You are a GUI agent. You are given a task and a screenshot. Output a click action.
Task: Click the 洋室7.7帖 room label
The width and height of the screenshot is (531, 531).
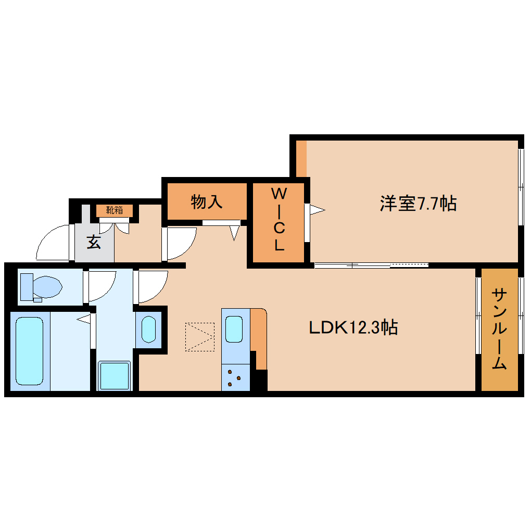[x=418, y=204]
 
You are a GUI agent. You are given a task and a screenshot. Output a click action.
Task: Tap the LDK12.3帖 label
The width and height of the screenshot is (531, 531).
[x=353, y=327]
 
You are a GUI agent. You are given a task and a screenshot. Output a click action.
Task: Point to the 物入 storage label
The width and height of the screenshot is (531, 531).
[x=207, y=201]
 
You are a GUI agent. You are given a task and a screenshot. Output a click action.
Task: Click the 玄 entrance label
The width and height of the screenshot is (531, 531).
[x=94, y=242]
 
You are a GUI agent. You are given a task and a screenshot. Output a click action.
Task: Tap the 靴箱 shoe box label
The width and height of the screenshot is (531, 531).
[x=115, y=210]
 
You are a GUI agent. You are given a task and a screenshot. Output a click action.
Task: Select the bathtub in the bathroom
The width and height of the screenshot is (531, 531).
[x=29, y=351]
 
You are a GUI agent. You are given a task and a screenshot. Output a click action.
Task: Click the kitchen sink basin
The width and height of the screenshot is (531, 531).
[x=234, y=328]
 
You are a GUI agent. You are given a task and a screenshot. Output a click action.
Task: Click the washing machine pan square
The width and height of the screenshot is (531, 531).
[x=115, y=375]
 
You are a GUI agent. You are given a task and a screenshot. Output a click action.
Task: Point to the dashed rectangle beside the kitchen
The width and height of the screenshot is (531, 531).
[x=199, y=336]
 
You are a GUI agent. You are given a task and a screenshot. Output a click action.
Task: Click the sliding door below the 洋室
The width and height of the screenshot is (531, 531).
[x=371, y=265]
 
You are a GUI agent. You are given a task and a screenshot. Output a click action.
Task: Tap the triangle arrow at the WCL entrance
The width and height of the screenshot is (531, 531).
[x=317, y=210]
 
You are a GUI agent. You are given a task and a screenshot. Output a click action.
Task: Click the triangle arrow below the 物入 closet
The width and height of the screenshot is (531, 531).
[x=234, y=232]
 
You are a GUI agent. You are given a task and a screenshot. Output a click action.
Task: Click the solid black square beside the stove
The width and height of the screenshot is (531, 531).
[x=260, y=380]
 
